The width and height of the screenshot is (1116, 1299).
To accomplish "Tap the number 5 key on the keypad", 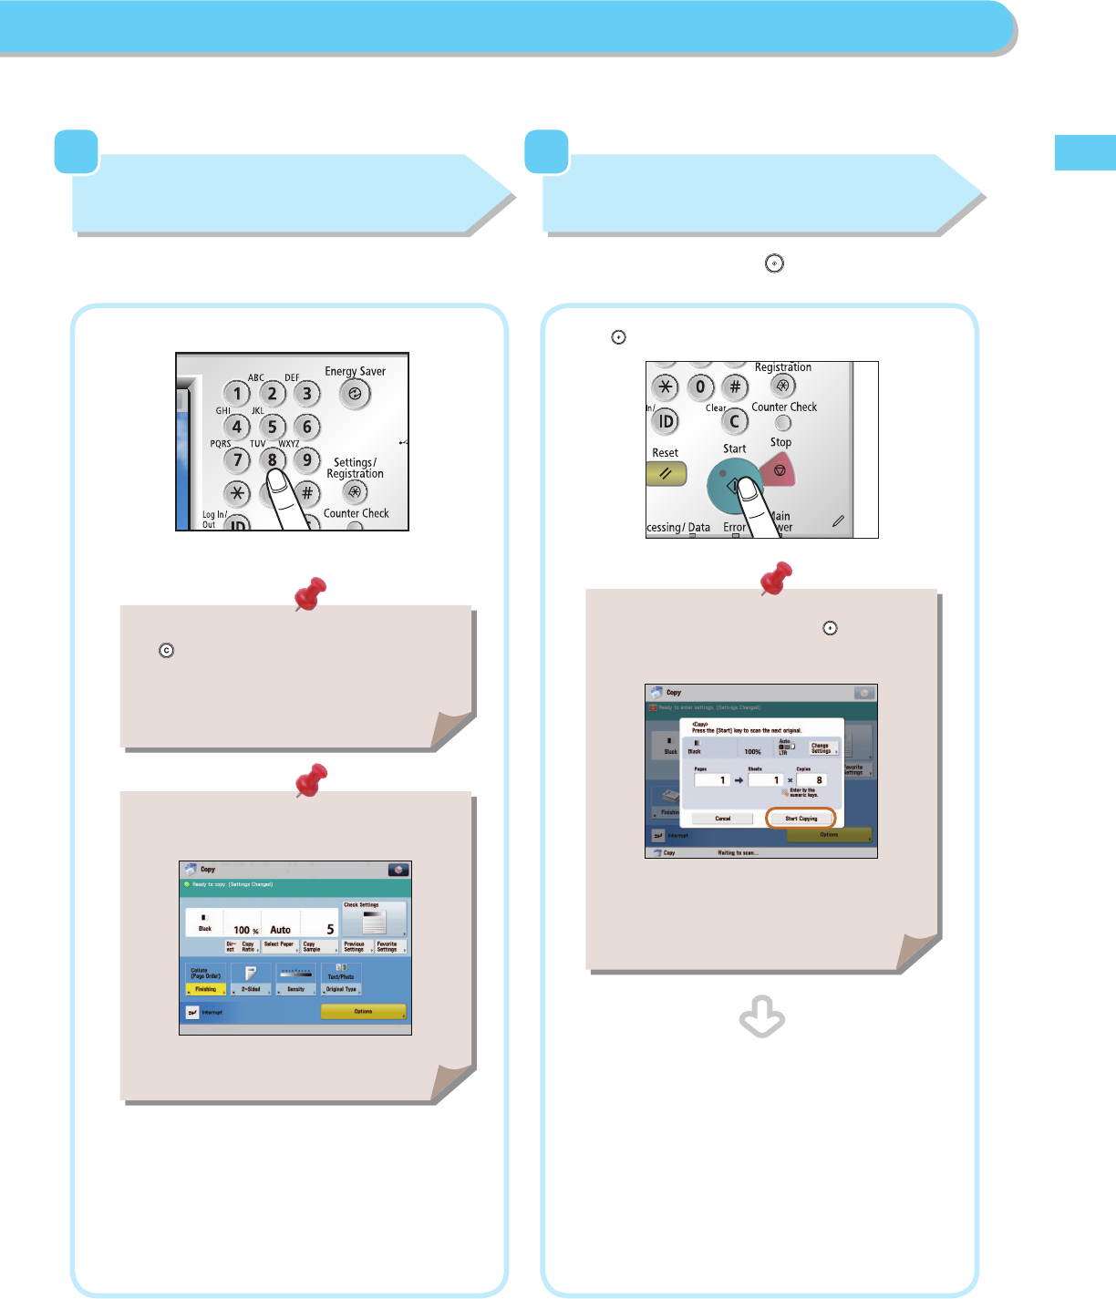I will pyautogui.click(x=272, y=427).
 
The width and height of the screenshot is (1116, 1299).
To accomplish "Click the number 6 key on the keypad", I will pyautogui.click(x=307, y=427).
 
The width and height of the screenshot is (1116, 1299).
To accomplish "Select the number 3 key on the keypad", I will pyautogui.click(x=307, y=394).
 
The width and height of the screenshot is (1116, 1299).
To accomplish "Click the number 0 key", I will pyautogui.click(x=700, y=387).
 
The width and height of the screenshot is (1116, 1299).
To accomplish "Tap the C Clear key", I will pyautogui.click(x=734, y=421).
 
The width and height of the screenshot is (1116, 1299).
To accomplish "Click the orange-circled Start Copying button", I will pyautogui.click(x=801, y=819).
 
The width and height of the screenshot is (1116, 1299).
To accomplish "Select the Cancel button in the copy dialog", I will pyautogui.click(x=722, y=819).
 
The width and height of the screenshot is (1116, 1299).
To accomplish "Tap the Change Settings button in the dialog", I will pyautogui.click(x=821, y=748).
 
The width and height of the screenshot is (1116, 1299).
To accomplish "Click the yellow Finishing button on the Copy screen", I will pyautogui.click(x=206, y=989).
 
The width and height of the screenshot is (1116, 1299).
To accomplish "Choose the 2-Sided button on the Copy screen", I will pyautogui.click(x=251, y=989).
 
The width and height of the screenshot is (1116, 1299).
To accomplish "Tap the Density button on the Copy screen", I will pyautogui.click(x=296, y=989).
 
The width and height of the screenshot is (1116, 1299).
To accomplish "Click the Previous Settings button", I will pyautogui.click(x=355, y=947).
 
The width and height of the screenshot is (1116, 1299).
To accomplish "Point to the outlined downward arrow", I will pyautogui.click(x=762, y=1017).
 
